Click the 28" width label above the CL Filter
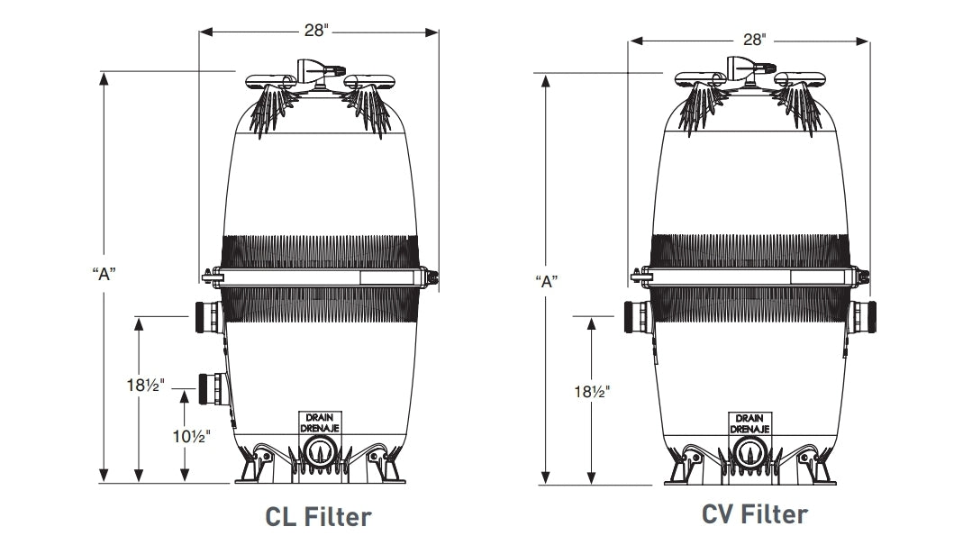[318, 31]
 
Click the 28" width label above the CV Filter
[753, 41]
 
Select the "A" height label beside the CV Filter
[545, 280]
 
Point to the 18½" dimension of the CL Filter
[143, 386]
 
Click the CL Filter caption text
[317, 517]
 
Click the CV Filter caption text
[755, 514]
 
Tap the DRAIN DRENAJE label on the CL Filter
[318, 423]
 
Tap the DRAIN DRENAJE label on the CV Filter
[751, 424]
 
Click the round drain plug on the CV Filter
[751, 453]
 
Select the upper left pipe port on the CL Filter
[204, 315]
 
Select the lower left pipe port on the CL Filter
[210, 386]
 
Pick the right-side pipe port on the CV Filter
[863, 316]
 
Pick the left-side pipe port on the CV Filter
[637, 316]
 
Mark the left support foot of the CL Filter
[254, 468]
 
